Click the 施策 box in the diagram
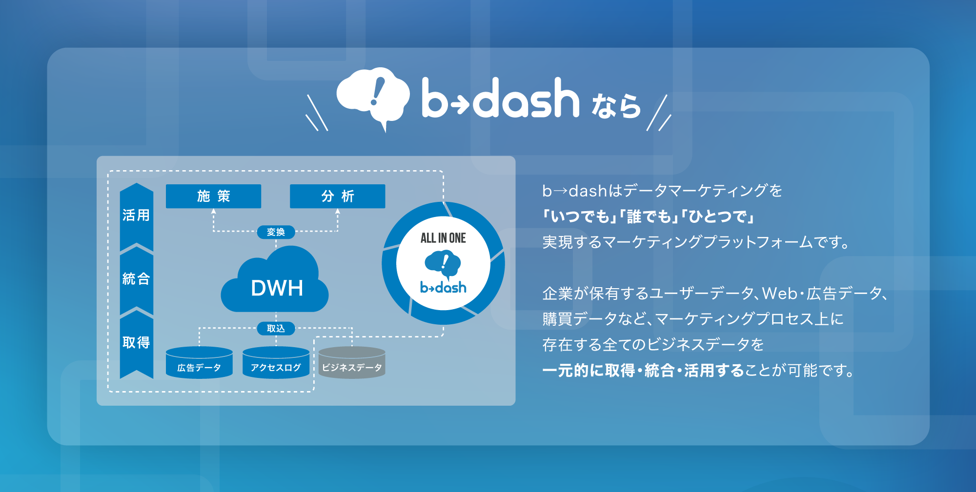(213, 196)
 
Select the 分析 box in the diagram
(337, 196)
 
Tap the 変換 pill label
(276, 232)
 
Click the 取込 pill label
(276, 329)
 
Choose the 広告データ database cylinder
(199, 362)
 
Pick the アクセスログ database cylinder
(276, 362)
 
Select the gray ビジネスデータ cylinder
(352, 362)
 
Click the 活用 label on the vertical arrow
(136, 215)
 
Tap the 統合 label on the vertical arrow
(136, 278)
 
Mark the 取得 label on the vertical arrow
(136, 342)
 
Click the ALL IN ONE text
(443, 238)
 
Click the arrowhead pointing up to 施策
(213, 211)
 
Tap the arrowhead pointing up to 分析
(337, 211)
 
